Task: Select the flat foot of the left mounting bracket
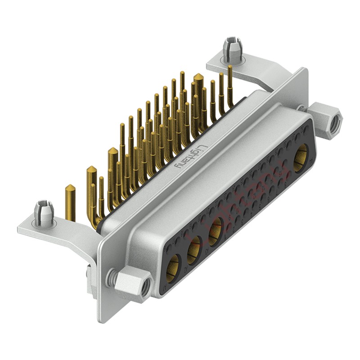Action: pyautogui.click(x=40, y=229)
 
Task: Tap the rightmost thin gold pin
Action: pyautogui.click(x=230, y=81)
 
